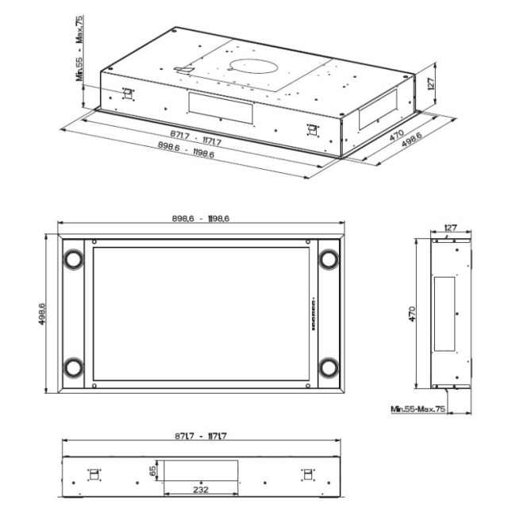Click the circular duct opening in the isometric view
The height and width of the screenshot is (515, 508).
coord(252,67)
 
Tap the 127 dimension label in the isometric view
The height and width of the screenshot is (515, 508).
coord(431,83)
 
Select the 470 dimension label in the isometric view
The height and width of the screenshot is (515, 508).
coord(397,135)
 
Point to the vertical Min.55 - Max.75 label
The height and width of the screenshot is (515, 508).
coord(79,48)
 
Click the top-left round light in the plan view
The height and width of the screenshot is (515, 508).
coord(73,259)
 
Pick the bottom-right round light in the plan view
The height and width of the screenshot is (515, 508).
coord(329,367)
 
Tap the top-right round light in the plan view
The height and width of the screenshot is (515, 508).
coord(329,259)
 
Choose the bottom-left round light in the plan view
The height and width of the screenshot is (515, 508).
coord(73,367)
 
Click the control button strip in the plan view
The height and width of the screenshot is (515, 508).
coord(314,314)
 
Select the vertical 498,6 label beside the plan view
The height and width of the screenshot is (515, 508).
coord(42,314)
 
